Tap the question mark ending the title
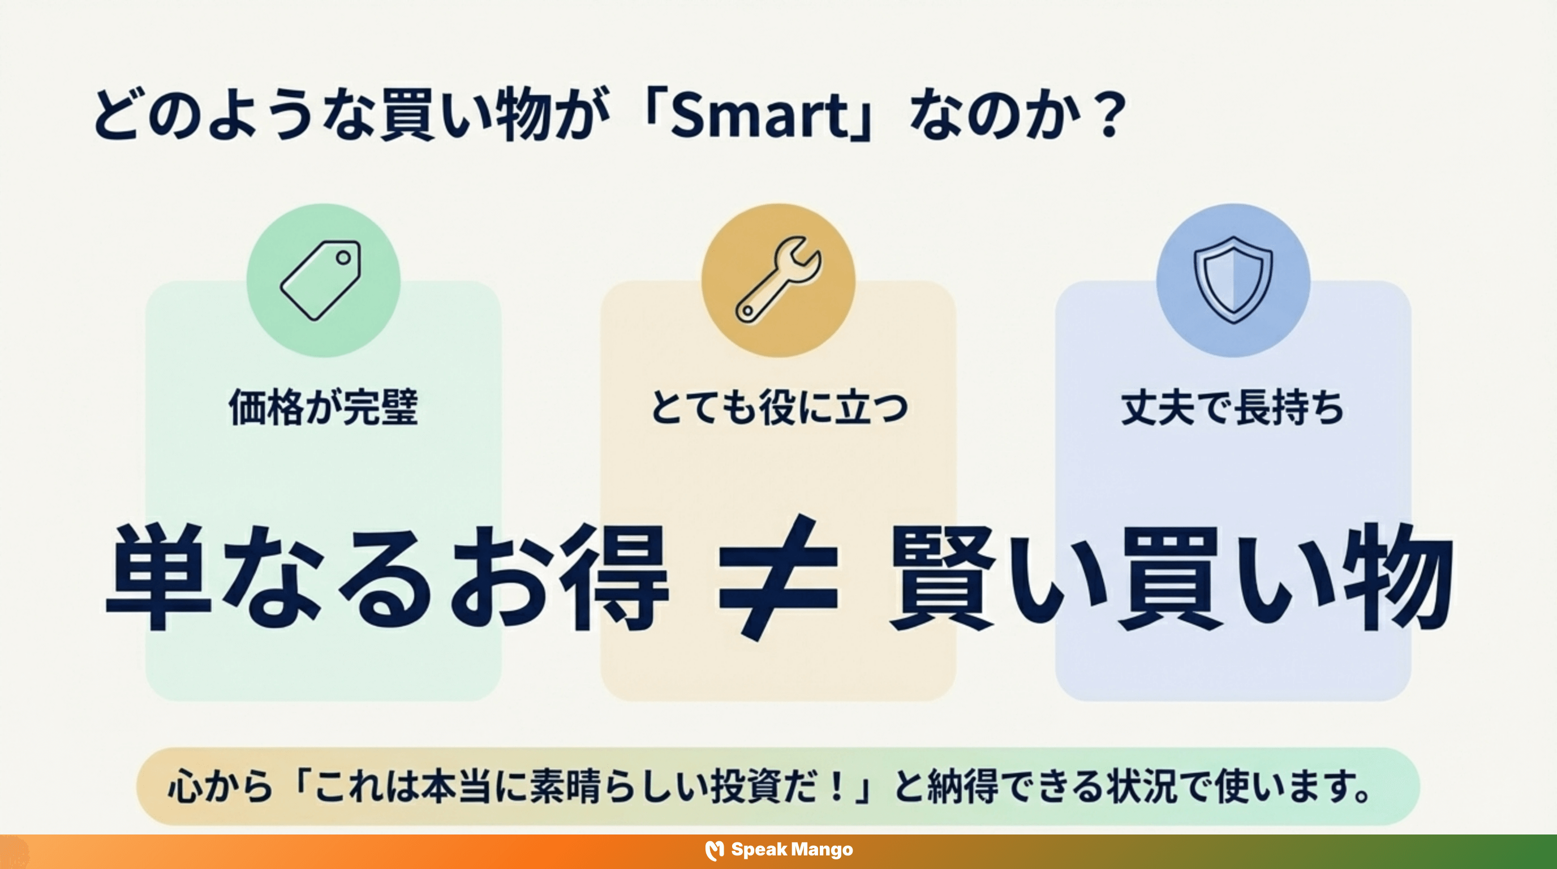point(1109,115)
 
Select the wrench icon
point(778,280)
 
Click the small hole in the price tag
point(343,258)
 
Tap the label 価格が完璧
point(324,407)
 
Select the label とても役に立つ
point(778,407)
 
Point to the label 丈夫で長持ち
point(1233,407)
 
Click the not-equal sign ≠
point(778,577)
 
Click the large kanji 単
point(158,577)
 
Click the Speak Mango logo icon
point(715,850)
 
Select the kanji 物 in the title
point(523,115)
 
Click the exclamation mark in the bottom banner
point(837,786)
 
